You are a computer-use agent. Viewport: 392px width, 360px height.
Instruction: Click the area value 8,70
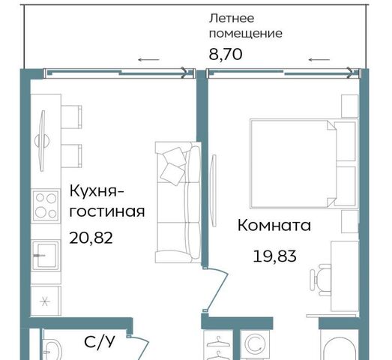pyautogui.click(x=226, y=54)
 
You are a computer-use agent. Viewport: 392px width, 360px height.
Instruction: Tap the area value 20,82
pyautogui.click(x=91, y=238)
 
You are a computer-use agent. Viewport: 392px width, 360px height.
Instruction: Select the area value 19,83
pyautogui.click(x=275, y=256)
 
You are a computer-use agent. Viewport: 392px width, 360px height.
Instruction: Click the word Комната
pyautogui.click(x=274, y=225)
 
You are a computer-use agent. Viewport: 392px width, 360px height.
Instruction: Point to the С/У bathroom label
pyautogui.click(x=100, y=341)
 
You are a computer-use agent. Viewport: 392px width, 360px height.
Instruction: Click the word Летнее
pyautogui.click(x=232, y=18)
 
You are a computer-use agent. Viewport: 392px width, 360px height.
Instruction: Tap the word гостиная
pyautogui.click(x=107, y=211)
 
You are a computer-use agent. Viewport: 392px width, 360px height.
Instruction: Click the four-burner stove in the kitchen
pyautogui.click(x=46, y=205)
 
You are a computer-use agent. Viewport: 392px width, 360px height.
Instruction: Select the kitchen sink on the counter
pyautogui.click(x=46, y=255)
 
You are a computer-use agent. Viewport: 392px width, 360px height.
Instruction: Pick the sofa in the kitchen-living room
pyautogui.click(x=178, y=202)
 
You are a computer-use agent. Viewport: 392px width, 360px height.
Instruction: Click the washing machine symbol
pyautogui.click(x=255, y=345)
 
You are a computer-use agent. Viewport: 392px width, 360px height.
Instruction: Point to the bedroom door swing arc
pyautogui.click(x=218, y=289)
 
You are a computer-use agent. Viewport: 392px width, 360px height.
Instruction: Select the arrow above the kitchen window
pyautogui.click(x=148, y=59)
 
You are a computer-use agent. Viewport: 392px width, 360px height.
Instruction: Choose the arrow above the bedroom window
pyautogui.click(x=319, y=59)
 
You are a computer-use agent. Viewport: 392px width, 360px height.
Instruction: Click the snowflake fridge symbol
pyautogui.click(x=45, y=301)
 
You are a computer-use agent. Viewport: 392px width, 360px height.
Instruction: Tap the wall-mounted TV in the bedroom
pyautogui.click(x=214, y=190)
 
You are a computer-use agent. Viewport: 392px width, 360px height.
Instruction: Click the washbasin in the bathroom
pyautogui.click(x=52, y=349)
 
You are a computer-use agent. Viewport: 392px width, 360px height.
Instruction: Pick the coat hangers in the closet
pyautogui.click(x=218, y=348)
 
